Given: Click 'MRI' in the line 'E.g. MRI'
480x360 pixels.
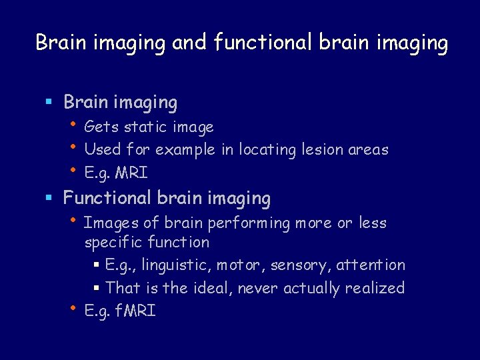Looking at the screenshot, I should coord(131,173).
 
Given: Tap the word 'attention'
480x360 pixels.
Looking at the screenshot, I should coord(371,265).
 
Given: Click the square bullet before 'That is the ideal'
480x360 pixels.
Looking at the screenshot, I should coord(97,289).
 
